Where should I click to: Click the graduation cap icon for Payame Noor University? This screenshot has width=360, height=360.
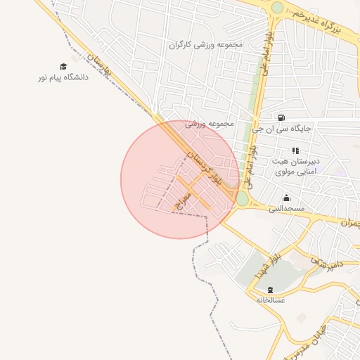pos(63,67)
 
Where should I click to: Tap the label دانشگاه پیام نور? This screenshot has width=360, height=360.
pos(63,77)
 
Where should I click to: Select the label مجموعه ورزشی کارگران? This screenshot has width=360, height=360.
pos(205,44)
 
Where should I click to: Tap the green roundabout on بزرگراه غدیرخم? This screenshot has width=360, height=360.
pos(278,8)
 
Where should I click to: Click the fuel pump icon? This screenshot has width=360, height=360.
pos(282,118)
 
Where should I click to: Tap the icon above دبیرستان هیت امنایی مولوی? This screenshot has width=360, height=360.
pos(295,150)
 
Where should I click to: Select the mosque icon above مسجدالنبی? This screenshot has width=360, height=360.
pos(286,198)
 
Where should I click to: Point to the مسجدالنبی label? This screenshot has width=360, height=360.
pos(286,209)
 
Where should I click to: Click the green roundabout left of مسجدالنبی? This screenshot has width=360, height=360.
pos(243,200)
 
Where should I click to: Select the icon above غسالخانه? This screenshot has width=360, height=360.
pos(271,290)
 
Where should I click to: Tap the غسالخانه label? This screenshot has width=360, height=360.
pos(271,300)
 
